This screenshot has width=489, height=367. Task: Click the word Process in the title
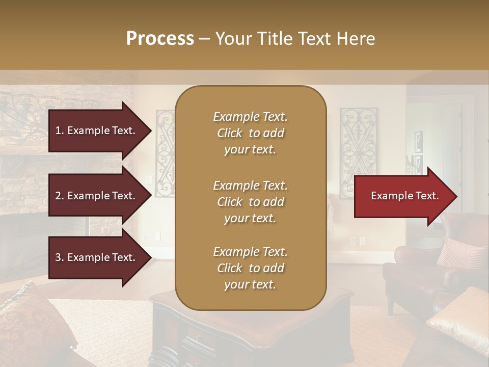click(160, 39)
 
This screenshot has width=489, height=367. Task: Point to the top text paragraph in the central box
click(250, 133)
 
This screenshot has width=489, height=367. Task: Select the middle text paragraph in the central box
click(250, 202)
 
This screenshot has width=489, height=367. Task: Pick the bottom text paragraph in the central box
click(250, 268)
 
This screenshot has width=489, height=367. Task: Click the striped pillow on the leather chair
click(460, 252)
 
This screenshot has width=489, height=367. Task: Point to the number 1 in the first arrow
click(58, 130)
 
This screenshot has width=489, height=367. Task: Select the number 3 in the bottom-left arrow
click(58, 257)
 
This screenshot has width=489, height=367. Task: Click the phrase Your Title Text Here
click(295, 39)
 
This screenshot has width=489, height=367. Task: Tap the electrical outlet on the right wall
click(362, 241)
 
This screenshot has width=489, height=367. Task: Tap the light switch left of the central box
click(149, 179)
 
